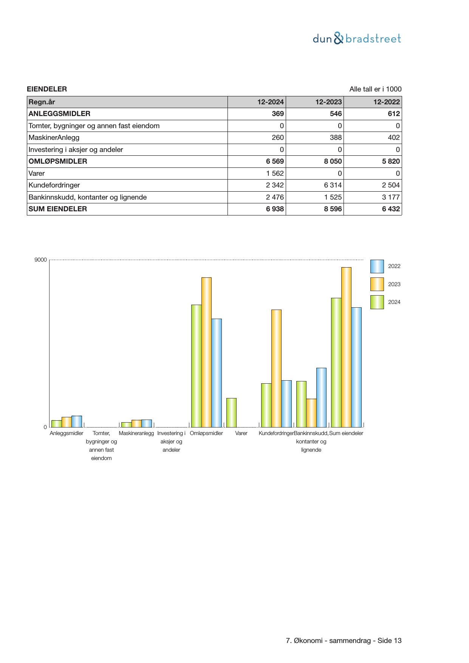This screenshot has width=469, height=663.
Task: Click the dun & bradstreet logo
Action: [x=357, y=39]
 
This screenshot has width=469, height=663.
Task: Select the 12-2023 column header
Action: [x=328, y=102]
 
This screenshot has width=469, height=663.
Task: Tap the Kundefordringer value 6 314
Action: [x=333, y=185]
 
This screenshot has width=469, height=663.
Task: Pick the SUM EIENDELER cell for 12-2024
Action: [x=274, y=209]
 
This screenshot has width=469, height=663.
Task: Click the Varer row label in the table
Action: [x=37, y=173]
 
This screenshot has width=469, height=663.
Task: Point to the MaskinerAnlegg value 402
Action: [x=391, y=138]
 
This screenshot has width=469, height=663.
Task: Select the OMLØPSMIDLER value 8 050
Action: [x=333, y=161]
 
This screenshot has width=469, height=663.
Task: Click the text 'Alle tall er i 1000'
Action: [x=375, y=89]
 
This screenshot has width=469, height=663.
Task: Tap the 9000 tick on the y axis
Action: [x=41, y=260]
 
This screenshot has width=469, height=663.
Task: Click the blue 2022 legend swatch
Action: [x=377, y=266]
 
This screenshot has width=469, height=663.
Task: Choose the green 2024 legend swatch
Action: [x=377, y=302]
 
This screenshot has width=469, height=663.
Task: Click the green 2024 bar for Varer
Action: [x=231, y=412]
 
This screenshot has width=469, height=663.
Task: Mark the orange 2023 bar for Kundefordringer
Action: [x=276, y=368]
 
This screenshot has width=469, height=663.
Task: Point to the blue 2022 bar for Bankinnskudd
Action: [x=321, y=397]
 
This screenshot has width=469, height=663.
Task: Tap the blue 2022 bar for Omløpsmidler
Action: [x=217, y=373]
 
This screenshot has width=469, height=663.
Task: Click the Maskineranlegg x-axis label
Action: [x=136, y=433]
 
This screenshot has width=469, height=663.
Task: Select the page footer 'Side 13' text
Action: [x=389, y=641]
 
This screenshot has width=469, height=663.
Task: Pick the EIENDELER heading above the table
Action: [x=47, y=89]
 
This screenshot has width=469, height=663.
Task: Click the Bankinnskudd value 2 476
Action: [x=275, y=197]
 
